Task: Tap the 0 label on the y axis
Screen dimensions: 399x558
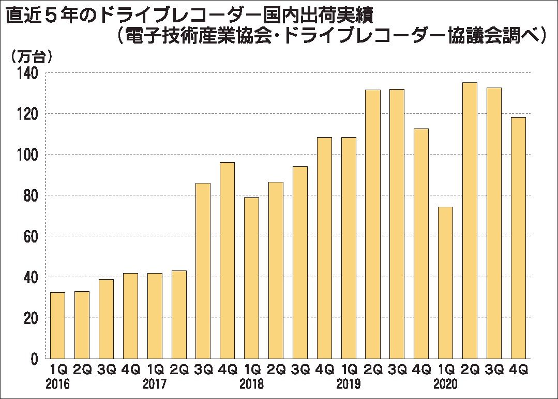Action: [35, 359]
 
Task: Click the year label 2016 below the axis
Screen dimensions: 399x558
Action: [57, 385]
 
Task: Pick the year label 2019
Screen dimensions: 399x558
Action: [348, 385]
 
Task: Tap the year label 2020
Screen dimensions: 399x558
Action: [445, 385]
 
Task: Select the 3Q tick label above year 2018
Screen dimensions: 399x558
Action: [300, 370]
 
